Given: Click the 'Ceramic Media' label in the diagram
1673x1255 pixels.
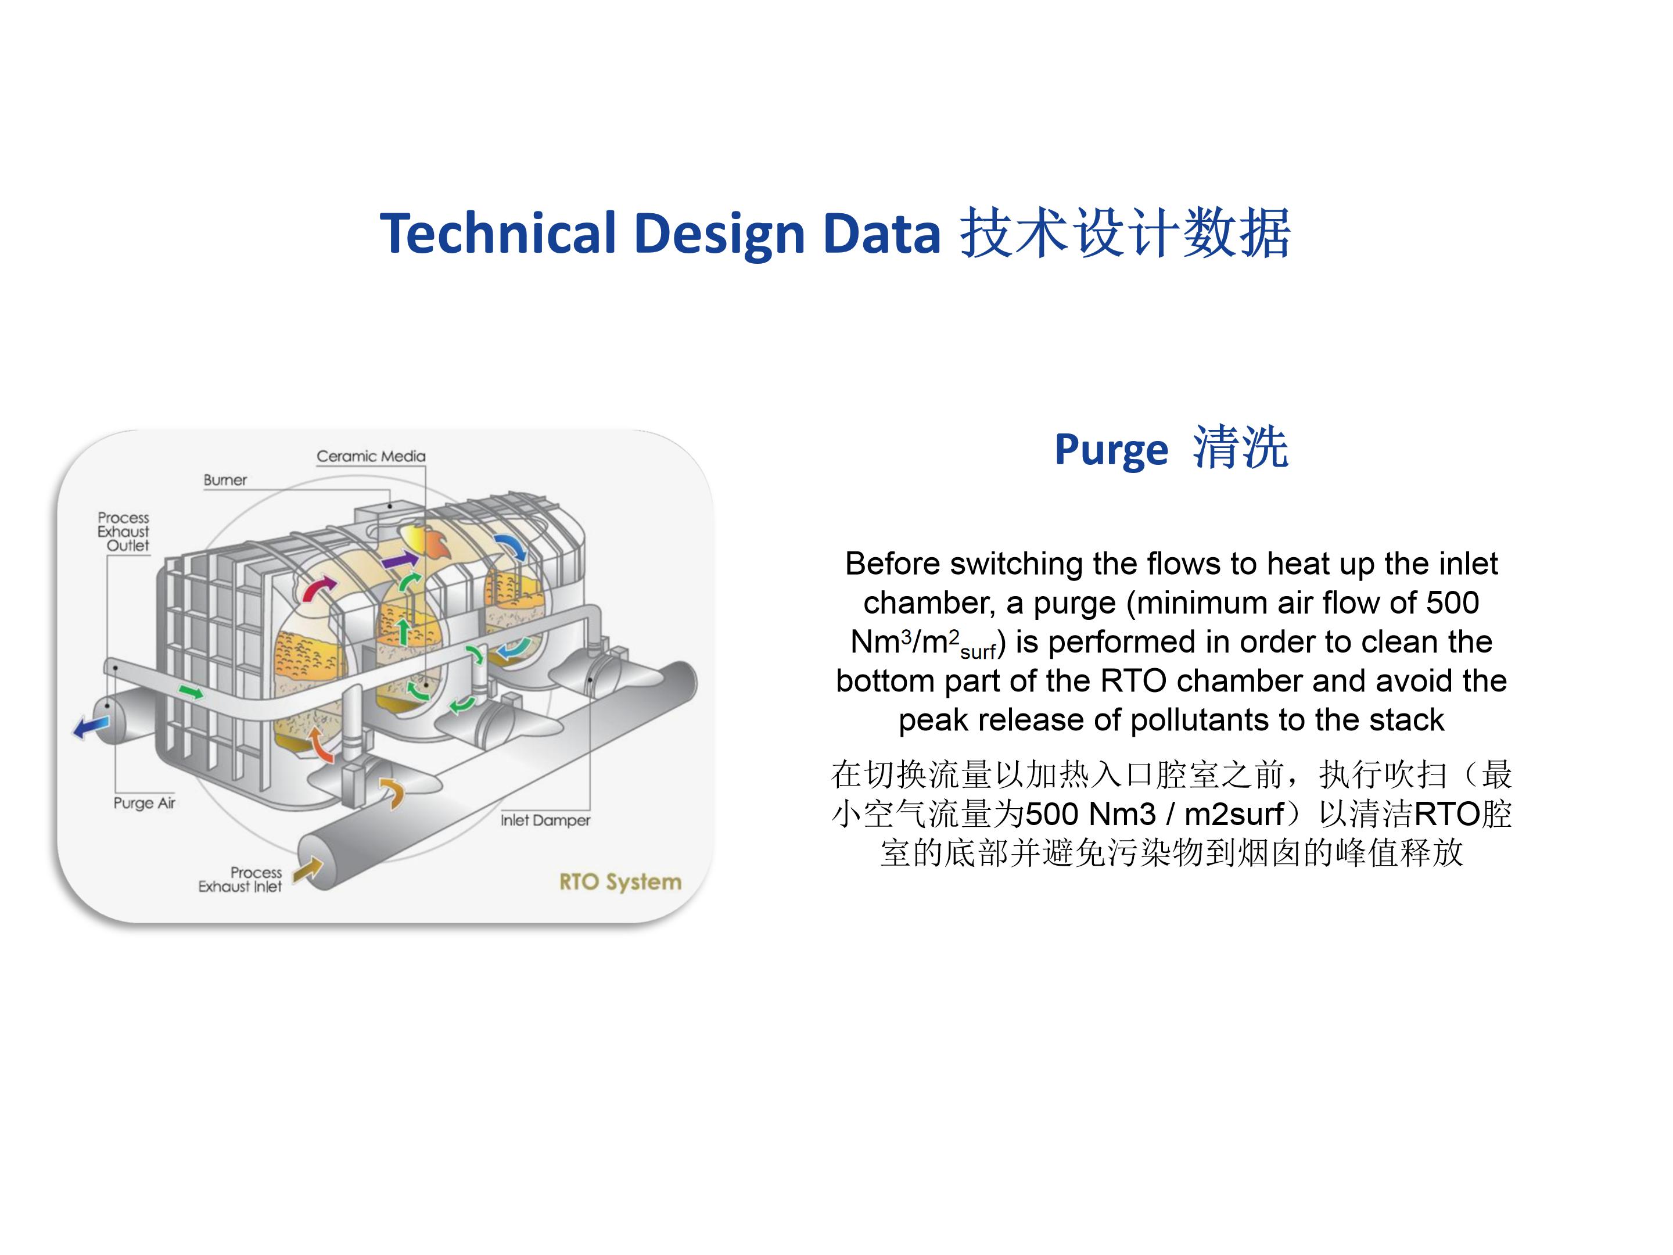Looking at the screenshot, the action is [x=371, y=456].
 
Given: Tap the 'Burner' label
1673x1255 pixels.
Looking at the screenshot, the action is [x=225, y=481].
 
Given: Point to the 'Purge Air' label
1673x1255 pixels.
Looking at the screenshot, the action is [x=143, y=802].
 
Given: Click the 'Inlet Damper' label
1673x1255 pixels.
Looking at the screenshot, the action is [x=545, y=820].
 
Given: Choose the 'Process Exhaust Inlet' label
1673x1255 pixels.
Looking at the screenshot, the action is [x=240, y=879].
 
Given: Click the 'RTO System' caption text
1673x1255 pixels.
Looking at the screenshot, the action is [x=620, y=882].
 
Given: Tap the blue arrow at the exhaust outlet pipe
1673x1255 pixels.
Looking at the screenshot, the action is [x=92, y=727].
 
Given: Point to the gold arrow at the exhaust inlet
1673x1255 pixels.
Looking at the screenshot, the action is [x=308, y=870].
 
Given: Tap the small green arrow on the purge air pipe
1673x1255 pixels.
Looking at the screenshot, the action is [x=191, y=691].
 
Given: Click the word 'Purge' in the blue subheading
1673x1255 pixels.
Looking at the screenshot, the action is [x=1111, y=451].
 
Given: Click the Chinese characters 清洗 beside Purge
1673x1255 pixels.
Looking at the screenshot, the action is [x=1240, y=448].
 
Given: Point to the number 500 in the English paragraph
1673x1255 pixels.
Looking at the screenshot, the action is [x=1452, y=603].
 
